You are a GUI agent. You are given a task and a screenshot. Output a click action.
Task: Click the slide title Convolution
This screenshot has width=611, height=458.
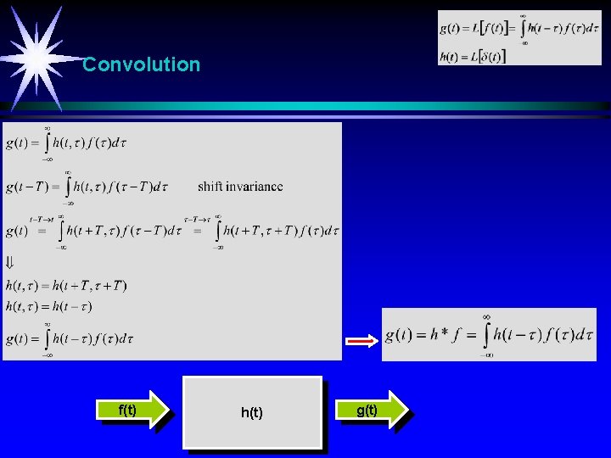point(142,64)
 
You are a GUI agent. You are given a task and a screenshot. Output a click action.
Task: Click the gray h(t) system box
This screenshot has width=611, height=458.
point(254,413)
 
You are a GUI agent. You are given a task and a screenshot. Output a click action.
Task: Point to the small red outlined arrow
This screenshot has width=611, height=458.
point(360,342)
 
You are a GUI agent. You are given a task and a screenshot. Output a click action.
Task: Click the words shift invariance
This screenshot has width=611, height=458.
point(240,187)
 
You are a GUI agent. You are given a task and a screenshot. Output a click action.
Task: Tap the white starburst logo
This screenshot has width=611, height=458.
point(36,57)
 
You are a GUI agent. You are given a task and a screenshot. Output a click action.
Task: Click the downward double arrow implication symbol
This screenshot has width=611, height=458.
point(10,262)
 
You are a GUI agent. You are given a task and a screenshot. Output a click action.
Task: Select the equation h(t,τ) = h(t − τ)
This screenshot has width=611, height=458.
point(48,305)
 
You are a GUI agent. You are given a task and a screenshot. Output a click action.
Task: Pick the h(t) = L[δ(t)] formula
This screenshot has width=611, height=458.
point(473,57)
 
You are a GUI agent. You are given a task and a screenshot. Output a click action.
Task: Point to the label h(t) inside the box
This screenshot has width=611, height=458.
point(252,413)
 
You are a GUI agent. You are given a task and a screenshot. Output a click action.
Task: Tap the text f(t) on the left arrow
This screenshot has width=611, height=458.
point(128,411)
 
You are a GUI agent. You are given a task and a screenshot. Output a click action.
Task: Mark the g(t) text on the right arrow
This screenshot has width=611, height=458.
point(367,411)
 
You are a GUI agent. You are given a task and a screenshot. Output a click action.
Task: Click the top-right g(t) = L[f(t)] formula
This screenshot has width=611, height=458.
point(507,29)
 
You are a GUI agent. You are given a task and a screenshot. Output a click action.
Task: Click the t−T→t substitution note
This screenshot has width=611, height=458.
point(42,218)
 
